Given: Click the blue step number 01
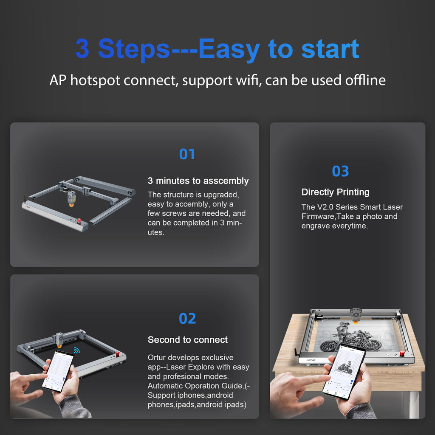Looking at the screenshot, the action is (187, 154).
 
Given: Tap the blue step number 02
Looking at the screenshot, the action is (187, 318).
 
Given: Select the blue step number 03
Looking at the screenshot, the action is (340, 171).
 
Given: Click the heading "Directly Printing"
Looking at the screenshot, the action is (336, 192).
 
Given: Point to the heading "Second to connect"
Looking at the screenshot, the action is (187, 339).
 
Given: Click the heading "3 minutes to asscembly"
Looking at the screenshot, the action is (198, 181).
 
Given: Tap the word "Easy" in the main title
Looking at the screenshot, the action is (229, 49).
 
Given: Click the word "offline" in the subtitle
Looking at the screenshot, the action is (365, 80).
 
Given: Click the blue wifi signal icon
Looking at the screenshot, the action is (77, 350).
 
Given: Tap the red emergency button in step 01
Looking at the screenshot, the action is (79, 221).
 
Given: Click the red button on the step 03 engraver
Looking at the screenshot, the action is (402, 353).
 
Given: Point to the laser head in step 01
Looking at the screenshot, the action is (71, 198).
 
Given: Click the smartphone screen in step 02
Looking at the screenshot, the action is (58, 370).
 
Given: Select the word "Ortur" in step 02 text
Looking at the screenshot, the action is (156, 357).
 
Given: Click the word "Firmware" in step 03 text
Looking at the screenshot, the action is (318, 216).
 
